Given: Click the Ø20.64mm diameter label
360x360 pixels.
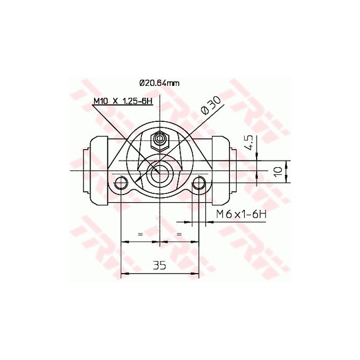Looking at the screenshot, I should tap(159, 82).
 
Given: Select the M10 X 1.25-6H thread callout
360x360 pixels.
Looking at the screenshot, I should tap(123, 101).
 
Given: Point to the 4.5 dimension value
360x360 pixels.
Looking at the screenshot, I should tap(249, 142).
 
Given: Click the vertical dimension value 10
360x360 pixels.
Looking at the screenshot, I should tap(278, 171).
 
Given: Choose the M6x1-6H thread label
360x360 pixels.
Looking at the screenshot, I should tap(240, 213).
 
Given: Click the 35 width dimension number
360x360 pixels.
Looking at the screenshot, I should tap(159, 265).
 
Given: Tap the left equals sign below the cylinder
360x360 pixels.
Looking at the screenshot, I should tap(140, 234).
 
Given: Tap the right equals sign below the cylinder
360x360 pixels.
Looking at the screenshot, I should tap(179, 234).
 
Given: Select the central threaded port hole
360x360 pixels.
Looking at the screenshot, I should tap(160, 173).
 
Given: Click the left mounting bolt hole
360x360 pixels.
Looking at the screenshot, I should tap(121, 183).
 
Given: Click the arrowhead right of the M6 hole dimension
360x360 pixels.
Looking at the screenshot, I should tap(208, 222).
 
